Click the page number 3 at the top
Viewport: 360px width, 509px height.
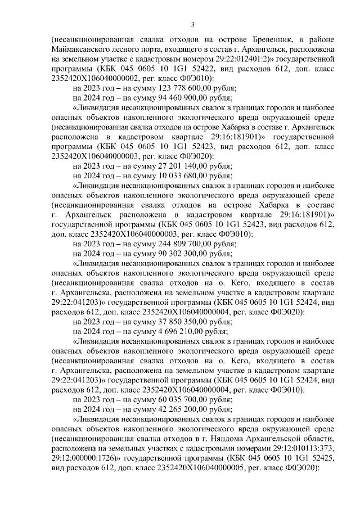click(x=192, y=24)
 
